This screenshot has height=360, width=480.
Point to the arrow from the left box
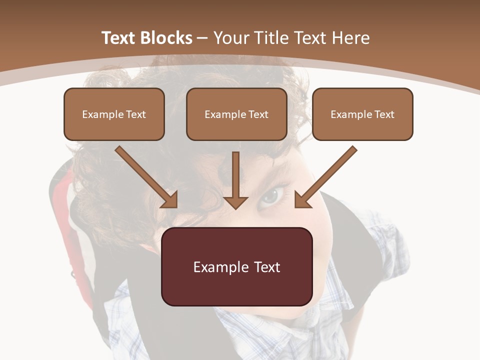[145, 175]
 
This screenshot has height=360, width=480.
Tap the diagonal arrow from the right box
[327, 175]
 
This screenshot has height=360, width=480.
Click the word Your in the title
[231, 38]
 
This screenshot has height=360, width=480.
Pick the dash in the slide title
[202, 38]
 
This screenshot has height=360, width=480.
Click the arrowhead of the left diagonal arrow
[170, 200]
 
